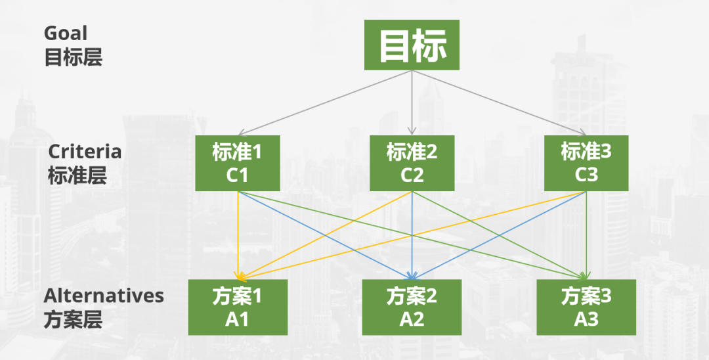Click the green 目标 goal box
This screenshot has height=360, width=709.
click(412, 45)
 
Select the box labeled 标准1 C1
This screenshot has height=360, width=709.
click(238, 163)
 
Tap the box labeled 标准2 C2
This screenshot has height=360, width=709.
click(412, 163)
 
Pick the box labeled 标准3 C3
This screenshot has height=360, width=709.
click(586, 163)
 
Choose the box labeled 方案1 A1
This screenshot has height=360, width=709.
click(238, 307)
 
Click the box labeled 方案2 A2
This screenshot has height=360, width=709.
click(412, 307)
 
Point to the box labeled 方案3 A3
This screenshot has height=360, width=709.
click(586, 307)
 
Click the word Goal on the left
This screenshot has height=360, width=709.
click(66, 33)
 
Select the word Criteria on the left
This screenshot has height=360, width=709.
click(85, 152)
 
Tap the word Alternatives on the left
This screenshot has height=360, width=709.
click(104, 296)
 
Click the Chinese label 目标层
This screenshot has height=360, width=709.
click(74, 58)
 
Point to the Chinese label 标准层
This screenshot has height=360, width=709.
click(77, 176)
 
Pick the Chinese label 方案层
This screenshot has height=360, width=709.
click(74, 320)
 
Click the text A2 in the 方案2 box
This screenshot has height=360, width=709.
click(412, 319)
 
